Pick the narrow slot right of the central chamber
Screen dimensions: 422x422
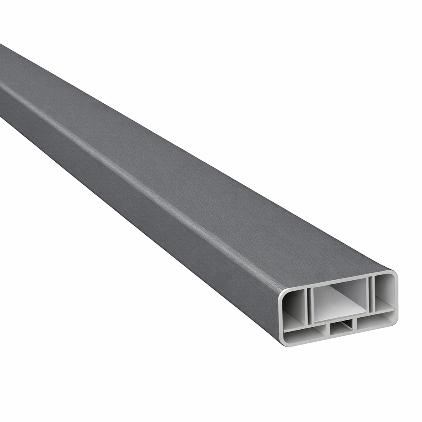pyautogui.click(x=370, y=293)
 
